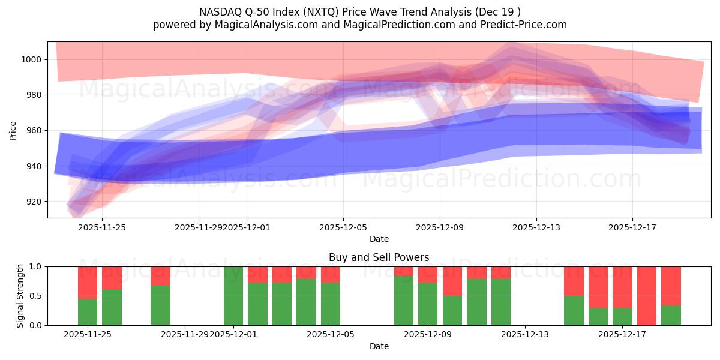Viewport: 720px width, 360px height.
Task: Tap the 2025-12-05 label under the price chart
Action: (343, 227)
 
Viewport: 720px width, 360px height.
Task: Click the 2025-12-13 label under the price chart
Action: (536, 227)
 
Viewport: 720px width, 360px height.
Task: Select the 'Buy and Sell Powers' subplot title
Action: (379, 257)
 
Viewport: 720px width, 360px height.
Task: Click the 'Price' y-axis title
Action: (13, 130)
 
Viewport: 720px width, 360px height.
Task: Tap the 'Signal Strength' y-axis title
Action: (20, 296)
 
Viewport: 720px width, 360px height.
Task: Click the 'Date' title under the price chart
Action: (379, 239)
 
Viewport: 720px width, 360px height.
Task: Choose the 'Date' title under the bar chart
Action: (379, 346)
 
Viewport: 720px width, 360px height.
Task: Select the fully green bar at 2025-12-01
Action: (233, 296)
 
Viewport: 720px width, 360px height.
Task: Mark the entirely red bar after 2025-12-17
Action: (647, 296)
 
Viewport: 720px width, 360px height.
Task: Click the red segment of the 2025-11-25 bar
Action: (88, 282)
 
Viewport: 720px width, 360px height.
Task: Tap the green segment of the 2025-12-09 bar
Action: (428, 304)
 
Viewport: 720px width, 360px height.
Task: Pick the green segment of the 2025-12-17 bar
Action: (622, 317)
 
